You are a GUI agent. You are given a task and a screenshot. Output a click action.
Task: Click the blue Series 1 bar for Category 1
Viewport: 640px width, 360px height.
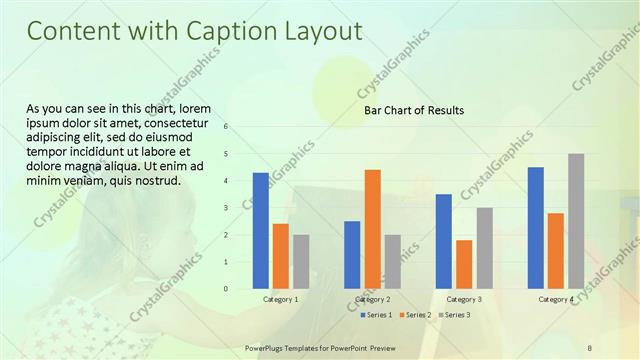click(260, 230)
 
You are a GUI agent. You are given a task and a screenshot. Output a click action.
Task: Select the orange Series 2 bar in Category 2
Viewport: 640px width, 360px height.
click(372, 229)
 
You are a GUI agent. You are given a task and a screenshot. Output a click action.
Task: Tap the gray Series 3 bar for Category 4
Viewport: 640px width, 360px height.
click(576, 221)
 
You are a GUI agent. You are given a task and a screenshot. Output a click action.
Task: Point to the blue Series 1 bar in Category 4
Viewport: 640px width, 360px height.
click(536, 228)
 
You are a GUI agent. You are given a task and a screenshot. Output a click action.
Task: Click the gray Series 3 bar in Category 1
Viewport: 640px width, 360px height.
click(301, 262)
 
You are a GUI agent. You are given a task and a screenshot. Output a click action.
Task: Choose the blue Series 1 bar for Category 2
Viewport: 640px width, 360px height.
click(352, 255)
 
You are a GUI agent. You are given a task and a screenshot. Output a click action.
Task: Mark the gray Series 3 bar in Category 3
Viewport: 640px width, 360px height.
click(484, 248)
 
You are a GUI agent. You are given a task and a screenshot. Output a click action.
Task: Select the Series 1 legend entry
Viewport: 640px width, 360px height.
click(376, 315)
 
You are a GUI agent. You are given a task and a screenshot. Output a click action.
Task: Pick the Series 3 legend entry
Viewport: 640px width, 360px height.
click(456, 315)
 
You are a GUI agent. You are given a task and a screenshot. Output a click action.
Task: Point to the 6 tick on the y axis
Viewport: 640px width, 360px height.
click(227, 127)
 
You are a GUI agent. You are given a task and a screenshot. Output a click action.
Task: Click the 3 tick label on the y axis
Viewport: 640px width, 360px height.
click(227, 208)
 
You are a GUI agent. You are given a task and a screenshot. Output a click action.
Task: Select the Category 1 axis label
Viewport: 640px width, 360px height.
click(281, 299)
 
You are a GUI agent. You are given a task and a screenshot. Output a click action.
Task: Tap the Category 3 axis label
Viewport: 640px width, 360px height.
click(464, 299)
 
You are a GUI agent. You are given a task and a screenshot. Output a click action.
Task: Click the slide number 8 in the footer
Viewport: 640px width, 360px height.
click(590, 347)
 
